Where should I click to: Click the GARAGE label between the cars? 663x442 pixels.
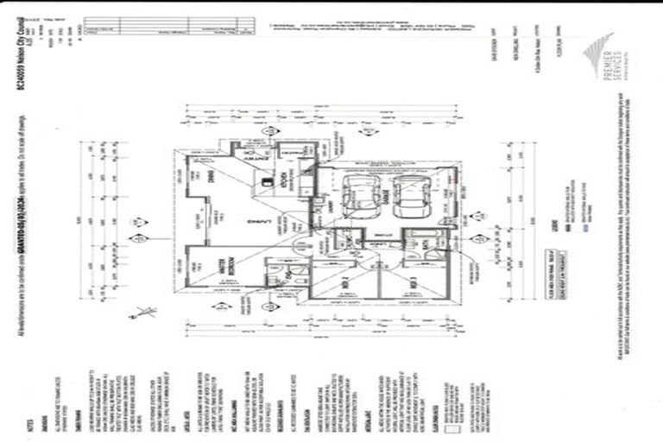coord(381,198)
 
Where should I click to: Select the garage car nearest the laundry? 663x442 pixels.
coord(356,198)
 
